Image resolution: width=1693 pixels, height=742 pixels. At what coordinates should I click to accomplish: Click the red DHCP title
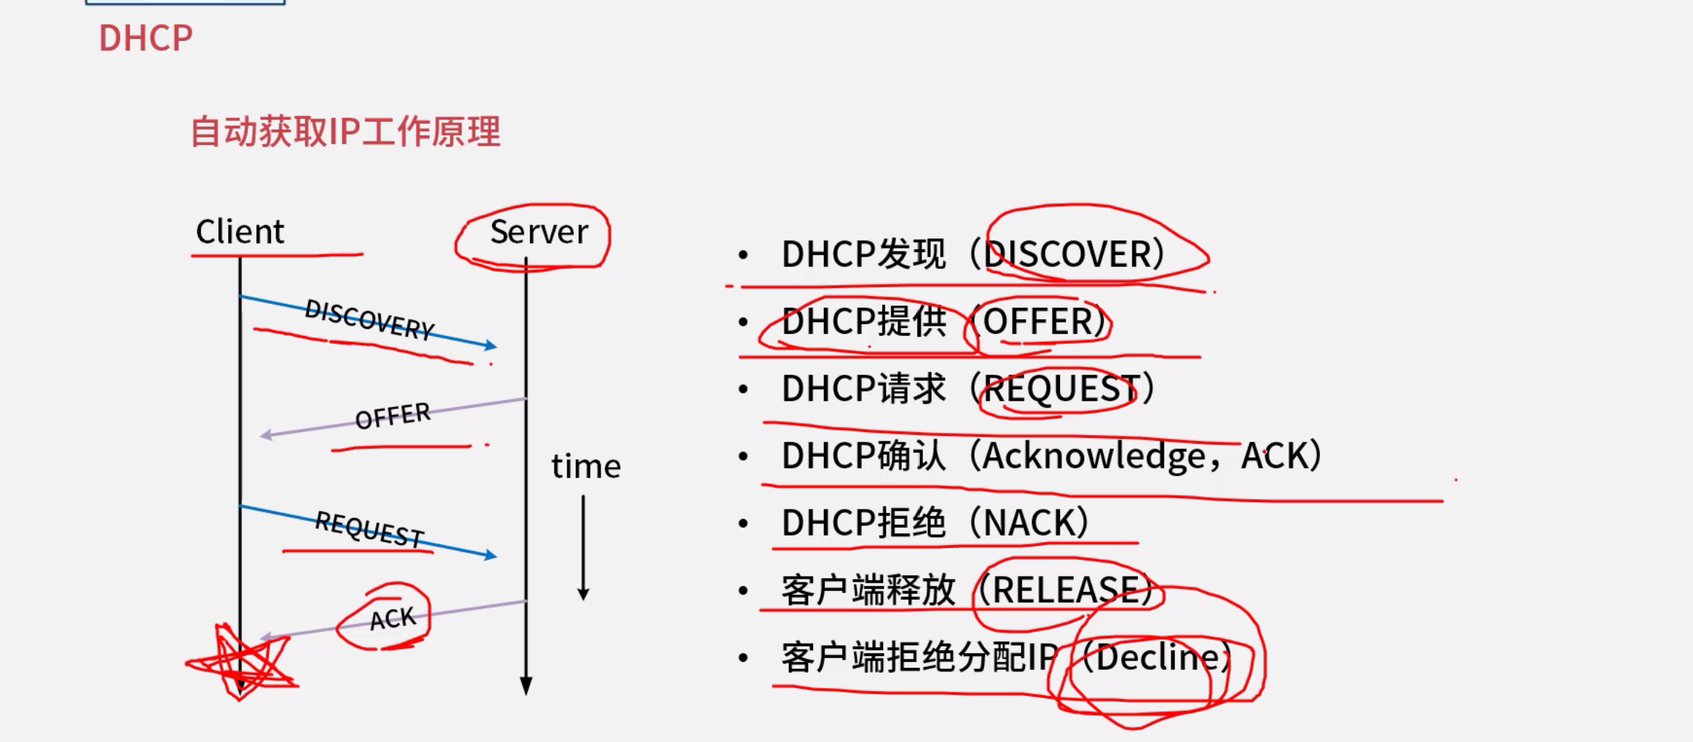pos(146,38)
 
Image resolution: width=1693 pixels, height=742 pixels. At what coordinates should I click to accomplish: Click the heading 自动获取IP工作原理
pos(345,132)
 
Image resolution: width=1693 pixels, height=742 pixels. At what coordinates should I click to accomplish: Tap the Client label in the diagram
pos(240,232)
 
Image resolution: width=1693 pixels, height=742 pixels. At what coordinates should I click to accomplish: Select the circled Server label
pos(538,232)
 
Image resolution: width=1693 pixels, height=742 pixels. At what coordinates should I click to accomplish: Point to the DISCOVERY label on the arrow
pos(369,320)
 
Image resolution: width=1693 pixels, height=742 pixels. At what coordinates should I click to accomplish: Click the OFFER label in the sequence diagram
pos(393,416)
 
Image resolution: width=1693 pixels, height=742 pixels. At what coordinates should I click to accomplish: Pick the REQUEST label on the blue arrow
pos(369,529)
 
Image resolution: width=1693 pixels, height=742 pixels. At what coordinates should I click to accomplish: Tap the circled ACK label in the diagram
pos(392,619)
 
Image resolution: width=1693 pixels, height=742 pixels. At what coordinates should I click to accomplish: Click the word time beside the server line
pos(586,466)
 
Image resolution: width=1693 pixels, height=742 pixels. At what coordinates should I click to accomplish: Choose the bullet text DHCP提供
pos(864,321)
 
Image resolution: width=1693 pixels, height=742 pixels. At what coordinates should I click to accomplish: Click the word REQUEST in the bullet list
pos(1060,388)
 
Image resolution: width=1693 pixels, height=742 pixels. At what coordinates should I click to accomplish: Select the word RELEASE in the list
pos(1065,590)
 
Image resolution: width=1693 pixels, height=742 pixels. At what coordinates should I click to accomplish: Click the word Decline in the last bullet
pos(1157,657)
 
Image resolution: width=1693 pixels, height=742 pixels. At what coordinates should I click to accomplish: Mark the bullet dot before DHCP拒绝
pos(743,523)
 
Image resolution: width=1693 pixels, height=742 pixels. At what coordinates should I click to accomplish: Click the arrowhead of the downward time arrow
pos(584,593)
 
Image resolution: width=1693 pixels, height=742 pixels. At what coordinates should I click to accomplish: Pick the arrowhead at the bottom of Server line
pos(526,685)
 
